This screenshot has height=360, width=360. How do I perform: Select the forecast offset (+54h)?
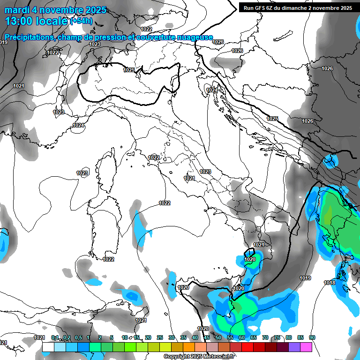[81, 21]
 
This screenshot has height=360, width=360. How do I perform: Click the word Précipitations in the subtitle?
[29, 37]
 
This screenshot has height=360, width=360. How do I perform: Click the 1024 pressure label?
[78, 125]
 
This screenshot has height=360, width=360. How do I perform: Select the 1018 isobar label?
[330, 283]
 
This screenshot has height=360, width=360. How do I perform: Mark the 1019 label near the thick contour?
[305, 278]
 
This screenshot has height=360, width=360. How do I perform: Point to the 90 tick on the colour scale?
[312, 337]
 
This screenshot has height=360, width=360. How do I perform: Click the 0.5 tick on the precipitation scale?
[78, 337]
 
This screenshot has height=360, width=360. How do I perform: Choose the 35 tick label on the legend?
[183, 337]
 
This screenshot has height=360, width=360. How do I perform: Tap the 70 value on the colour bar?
[265, 337]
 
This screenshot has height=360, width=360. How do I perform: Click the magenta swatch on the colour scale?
[306, 347]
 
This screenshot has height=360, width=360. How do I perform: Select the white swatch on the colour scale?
[48, 347]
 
